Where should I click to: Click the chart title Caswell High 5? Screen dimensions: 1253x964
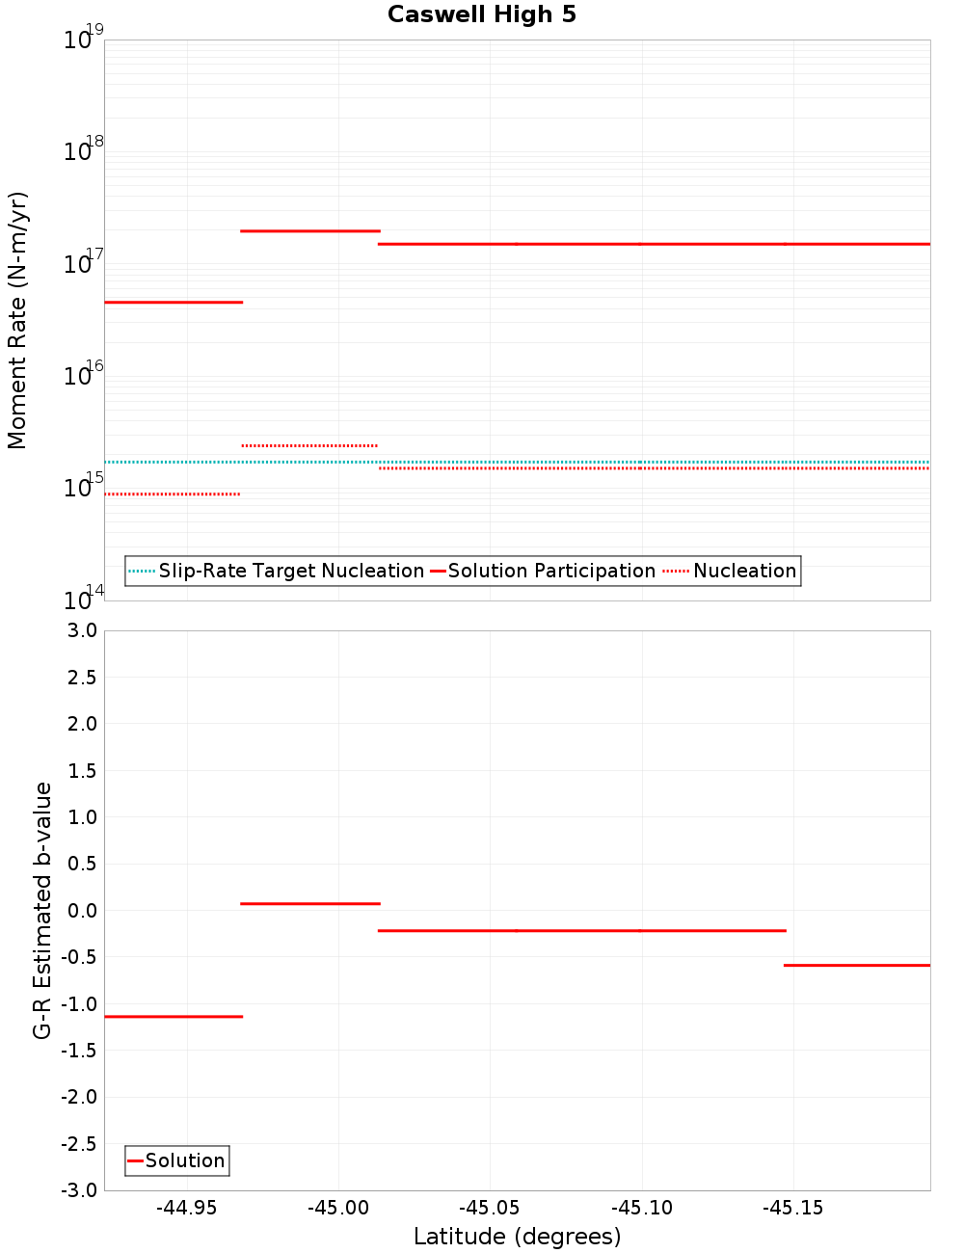click(x=481, y=14)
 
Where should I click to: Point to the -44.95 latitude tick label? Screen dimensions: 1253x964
click(x=187, y=1208)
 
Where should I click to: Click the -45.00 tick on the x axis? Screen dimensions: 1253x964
click(x=338, y=1208)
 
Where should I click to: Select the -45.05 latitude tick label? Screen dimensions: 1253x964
click(x=490, y=1208)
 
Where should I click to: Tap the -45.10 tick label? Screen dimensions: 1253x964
click(x=641, y=1208)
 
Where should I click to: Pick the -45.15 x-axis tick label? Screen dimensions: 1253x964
click(x=792, y=1208)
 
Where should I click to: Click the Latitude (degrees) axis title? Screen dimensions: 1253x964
click(x=517, y=1237)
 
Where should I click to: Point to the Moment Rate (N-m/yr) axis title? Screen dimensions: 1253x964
click(x=17, y=320)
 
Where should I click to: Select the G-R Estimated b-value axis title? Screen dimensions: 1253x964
click(x=42, y=910)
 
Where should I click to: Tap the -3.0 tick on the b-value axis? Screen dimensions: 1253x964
click(x=80, y=1190)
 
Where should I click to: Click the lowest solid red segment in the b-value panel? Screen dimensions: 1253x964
click(x=174, y=1016)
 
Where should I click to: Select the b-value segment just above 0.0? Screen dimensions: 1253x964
click(x=310, y=903)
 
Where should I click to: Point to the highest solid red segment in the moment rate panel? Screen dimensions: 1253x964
click(x=310, y=231)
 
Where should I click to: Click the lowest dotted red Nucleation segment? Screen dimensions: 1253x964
click(x=174, y=494)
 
